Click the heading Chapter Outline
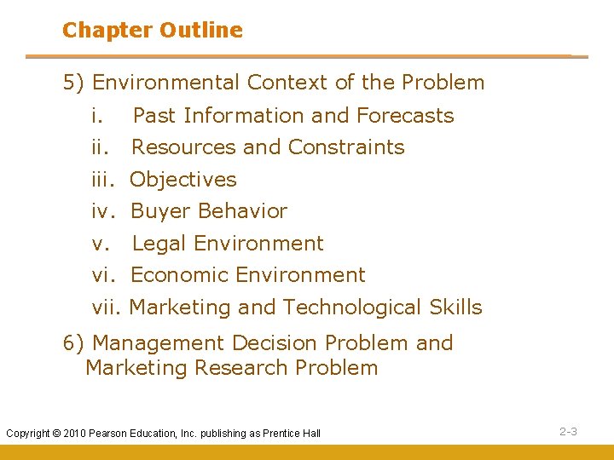tap(152, 31)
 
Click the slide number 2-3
tap(568, 432)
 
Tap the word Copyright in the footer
tap(29, 434)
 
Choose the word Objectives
tap(183, 180)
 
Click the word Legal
tap(160, 244)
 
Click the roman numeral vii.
tap(107, 308)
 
